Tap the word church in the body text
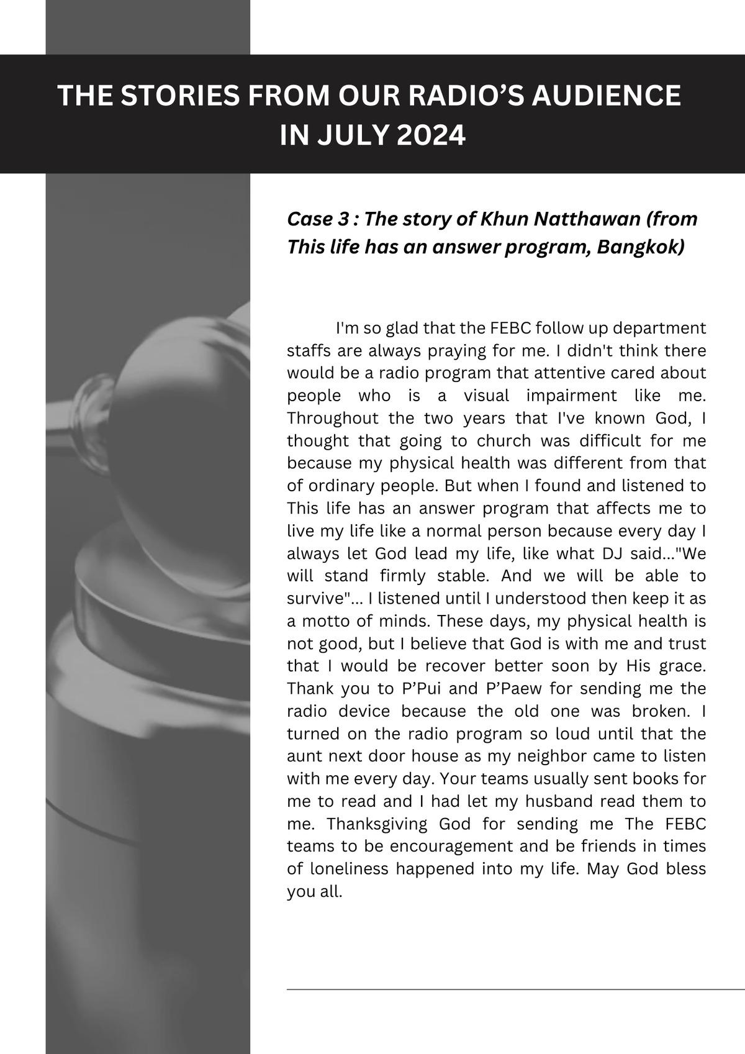(503, 441)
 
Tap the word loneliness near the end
(347, 869)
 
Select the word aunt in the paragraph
(304, 756)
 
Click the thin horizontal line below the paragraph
(515, 989)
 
